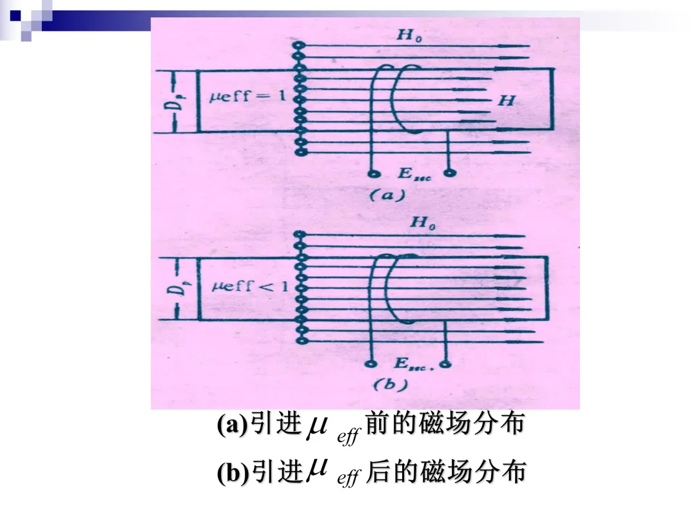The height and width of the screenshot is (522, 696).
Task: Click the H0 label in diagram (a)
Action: tap(409, 36)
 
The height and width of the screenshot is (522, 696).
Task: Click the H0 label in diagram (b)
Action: tap(423, 224)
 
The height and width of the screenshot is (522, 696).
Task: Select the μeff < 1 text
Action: tap(250, 286)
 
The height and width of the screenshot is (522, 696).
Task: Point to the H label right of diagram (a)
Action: tap(506, 101)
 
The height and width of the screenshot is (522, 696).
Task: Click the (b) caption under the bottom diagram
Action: tap(391, 385)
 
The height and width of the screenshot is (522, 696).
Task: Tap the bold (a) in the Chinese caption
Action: tap(233, 425)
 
